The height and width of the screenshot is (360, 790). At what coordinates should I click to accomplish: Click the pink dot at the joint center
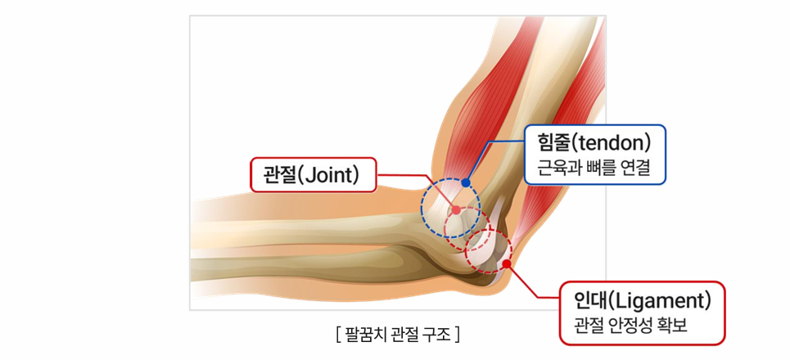(x=456, y=210)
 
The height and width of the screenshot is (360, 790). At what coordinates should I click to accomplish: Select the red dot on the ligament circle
(x=506, y=263)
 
